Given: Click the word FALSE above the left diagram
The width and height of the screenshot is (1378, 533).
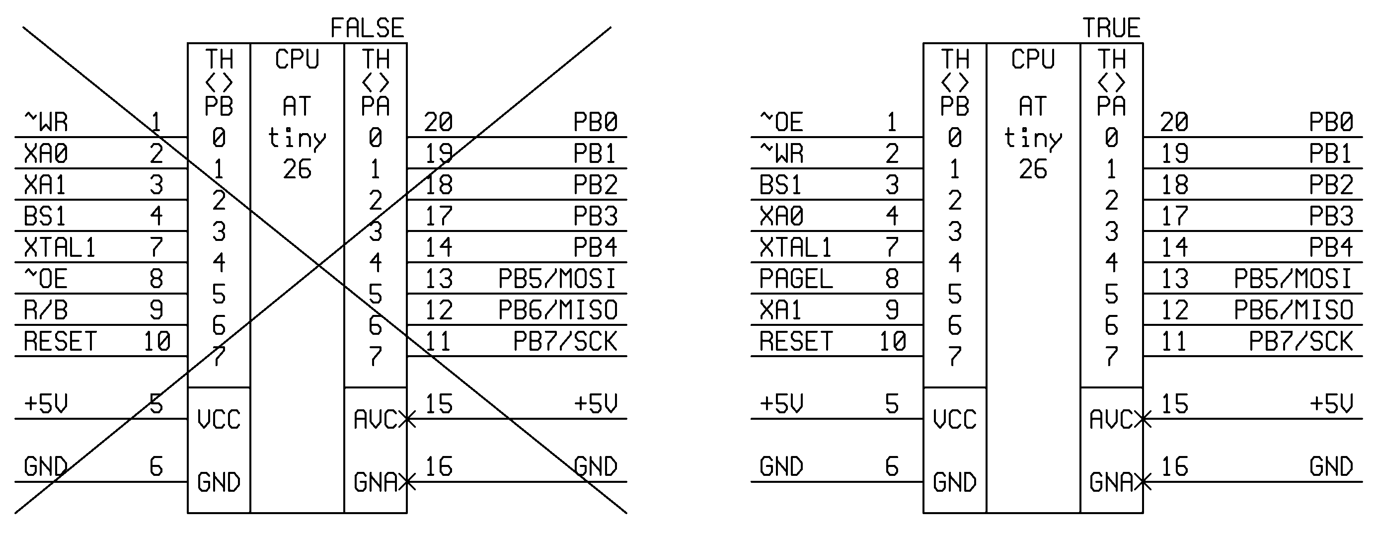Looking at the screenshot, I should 367,28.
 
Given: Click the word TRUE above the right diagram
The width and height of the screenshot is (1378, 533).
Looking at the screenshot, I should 1112,28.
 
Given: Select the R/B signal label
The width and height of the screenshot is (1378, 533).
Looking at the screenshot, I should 46,310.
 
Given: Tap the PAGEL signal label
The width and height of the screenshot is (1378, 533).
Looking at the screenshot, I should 796,279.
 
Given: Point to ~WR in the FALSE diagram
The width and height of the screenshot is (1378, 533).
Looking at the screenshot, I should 46,122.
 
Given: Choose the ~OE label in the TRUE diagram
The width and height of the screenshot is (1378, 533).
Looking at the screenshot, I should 781,122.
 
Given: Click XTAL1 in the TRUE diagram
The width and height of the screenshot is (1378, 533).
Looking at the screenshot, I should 796,247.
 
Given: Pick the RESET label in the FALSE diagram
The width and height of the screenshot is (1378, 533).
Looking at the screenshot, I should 60,341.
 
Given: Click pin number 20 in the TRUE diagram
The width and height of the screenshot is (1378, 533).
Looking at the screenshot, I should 1174,122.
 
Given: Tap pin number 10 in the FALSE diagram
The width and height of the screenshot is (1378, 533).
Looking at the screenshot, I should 157,341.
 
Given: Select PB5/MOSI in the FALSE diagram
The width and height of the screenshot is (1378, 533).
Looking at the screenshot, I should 557,279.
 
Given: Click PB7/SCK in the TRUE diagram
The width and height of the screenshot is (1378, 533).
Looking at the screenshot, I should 1301,341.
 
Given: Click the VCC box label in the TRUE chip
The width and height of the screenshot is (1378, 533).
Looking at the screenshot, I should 955,419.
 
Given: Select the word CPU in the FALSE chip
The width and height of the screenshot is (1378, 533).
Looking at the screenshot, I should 297,59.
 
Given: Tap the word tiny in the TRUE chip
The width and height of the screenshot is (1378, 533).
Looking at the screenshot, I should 1032,138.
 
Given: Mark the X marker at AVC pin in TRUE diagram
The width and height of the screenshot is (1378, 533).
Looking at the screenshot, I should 1143,419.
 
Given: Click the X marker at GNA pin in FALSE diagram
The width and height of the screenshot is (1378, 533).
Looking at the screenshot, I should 407,482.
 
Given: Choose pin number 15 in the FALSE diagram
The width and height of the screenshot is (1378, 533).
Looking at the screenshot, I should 439,404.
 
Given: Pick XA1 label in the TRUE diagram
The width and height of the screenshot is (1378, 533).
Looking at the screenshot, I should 780,310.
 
